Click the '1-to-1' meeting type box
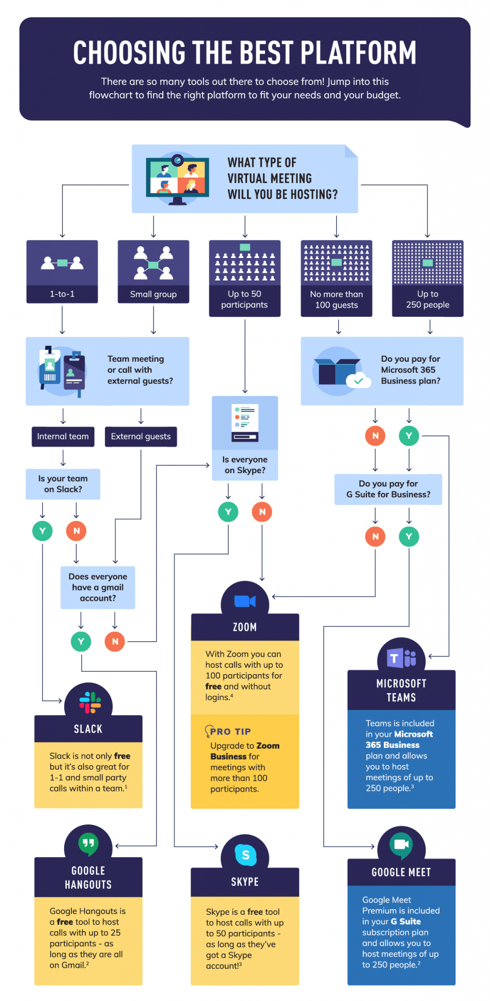[x=62, y=271]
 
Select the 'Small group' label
[x=153, y=294]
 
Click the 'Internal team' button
[x=63, y=436]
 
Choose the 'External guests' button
[x=141, y=436]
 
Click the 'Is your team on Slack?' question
[x=63, y=484]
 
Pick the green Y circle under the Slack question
[x=43, y=531]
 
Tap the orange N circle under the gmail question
[x=115, y=641]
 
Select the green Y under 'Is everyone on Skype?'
[x=228, y=512]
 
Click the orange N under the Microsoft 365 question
[x=375, y=435]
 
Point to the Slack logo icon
[x=89, y=703]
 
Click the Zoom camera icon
[x=245, y=601]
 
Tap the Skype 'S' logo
[x=245, y=855]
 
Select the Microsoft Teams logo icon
[x=401, y=658]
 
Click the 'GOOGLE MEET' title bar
[x=401, y=872]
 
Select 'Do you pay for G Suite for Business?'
[x=388, y=489]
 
